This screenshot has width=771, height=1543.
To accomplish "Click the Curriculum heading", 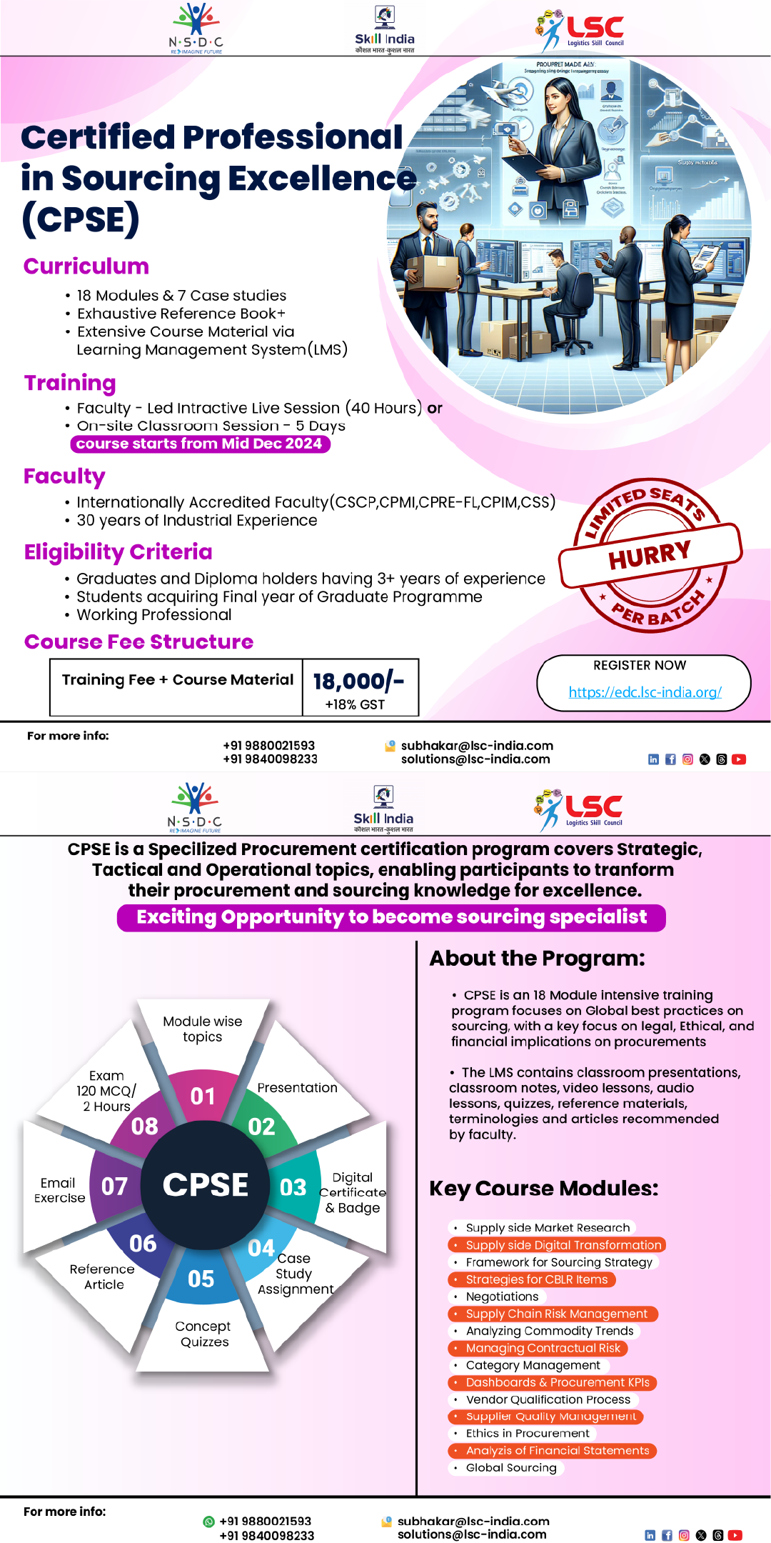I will [x=86, y=266].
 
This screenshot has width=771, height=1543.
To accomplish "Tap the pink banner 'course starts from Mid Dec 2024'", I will [x=200, y=444].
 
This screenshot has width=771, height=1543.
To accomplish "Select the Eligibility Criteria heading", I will [x=119, y=552].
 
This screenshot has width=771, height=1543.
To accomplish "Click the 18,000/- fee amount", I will [x=358, y=681].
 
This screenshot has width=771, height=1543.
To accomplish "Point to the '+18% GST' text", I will [x=355, y=704].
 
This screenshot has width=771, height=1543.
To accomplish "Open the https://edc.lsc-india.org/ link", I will [x=645, y=691].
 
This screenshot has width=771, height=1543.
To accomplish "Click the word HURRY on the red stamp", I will [x=650, y=554].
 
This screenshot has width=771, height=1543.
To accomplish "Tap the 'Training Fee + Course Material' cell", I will [x=177, y=680].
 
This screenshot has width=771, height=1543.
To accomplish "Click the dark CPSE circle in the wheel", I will [x=206, y=1185].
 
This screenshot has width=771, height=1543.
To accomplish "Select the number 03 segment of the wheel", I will [x=293, y=1187].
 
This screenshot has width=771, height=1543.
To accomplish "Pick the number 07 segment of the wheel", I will [x=114, y=1187].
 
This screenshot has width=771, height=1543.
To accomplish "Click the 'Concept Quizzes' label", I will [x=203, y=1334].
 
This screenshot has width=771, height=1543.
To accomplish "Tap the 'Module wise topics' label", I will [x=203, y=1029].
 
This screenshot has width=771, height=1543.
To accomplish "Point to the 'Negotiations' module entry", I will [x=502, y=1297].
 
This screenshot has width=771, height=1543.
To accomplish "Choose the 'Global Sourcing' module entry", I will [x=511, y=1467].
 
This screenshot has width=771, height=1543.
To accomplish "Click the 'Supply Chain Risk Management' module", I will [x=556, y=1314].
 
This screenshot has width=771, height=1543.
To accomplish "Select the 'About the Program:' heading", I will [x=537, y=959].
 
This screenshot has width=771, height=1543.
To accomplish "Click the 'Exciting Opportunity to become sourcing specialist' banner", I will [x=391, y=917].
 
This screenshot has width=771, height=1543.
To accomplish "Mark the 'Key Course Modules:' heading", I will [x=543, y=1189].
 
